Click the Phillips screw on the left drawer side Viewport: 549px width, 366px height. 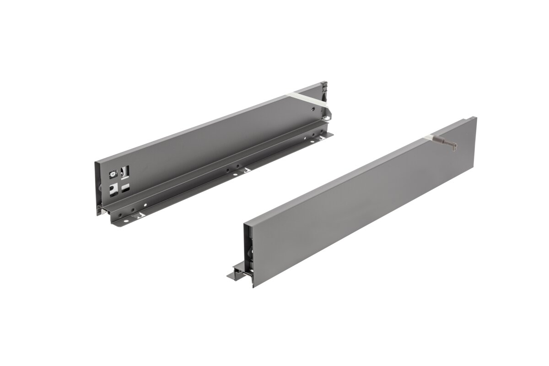[x=113, y=174]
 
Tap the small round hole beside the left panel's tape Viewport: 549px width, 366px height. [x=312, y=110]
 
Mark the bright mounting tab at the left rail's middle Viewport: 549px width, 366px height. [x=245, y=171]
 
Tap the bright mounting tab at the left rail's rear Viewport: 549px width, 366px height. [x=328, y=135]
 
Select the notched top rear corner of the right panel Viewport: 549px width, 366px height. [x=474, y=118]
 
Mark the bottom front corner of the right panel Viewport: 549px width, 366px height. [x=253, y=286]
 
